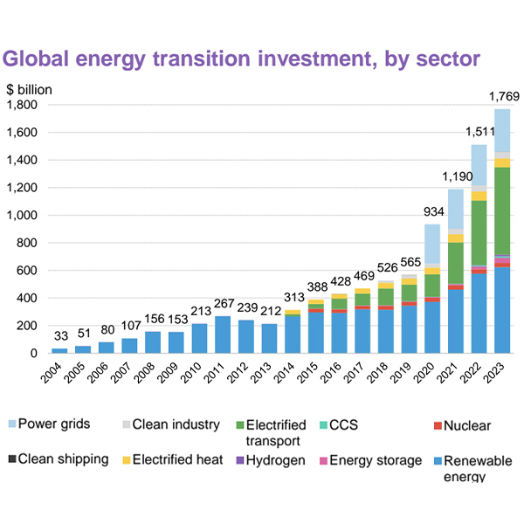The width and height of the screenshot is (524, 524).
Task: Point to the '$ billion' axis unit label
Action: tap(30, 89)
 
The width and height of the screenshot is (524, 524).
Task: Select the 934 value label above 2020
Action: tap(431, 210)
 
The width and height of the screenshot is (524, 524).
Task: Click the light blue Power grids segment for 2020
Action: tap(431, 244)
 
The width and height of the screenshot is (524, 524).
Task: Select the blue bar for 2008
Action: tap(152, 341)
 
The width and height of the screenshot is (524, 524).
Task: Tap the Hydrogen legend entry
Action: tap(272, 459)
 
